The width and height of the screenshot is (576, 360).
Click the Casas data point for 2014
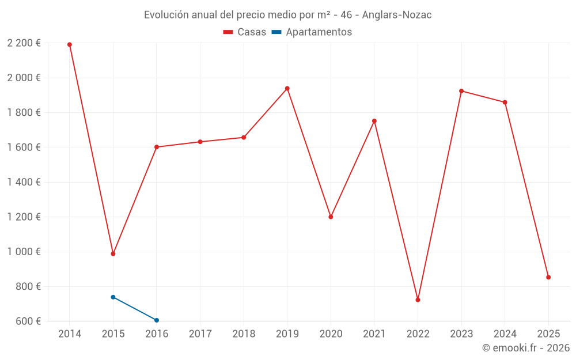coord(70,44)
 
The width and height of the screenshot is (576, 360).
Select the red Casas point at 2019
coord(287,89)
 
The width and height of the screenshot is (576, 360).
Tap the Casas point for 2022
coord(418,300)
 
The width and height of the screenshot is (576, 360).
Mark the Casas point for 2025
coord(548,277)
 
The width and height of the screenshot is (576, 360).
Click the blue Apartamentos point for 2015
coord(113,297)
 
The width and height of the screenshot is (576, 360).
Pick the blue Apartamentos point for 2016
coord(157,320)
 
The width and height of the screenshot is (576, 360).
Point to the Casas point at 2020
coord(331,217)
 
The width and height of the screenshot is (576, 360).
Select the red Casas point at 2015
coord(113,253)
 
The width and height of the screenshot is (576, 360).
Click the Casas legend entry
coord(245,32)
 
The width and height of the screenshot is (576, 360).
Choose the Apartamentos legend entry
coord(312,32)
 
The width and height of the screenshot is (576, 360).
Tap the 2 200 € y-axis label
coord(24,43)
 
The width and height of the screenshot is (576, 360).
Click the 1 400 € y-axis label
coord(24,182)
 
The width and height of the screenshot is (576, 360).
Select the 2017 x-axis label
coord(200,334)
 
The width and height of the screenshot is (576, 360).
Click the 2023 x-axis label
coord(461,334)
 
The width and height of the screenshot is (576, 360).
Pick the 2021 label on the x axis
coord(374,334)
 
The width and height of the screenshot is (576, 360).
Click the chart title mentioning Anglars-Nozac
coord(287,15)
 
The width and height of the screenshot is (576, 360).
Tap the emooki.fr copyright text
coord(525,348)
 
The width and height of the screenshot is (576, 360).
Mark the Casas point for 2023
coord(461,91)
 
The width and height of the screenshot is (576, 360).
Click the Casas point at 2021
coord(374,121)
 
